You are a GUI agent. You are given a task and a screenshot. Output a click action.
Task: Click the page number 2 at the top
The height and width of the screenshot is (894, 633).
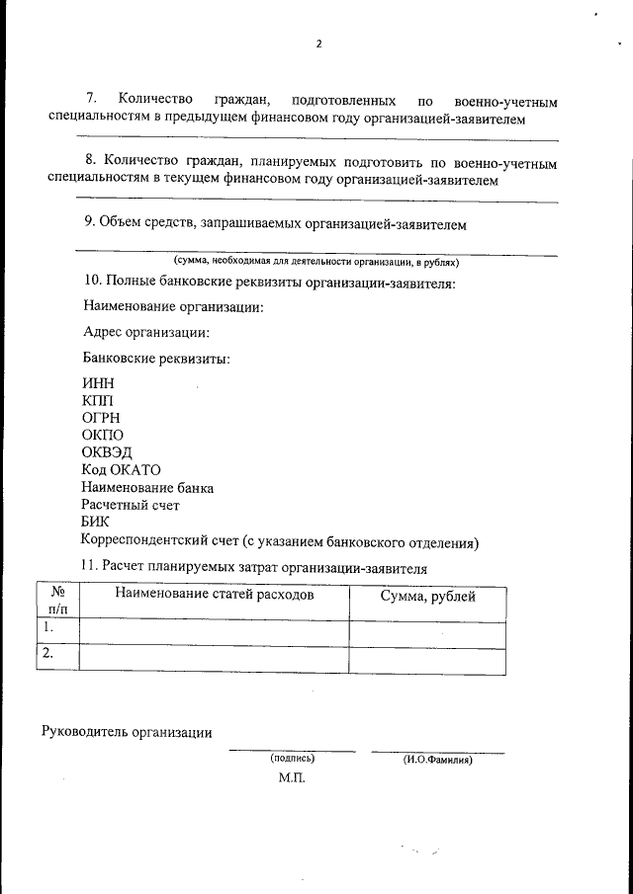(317, 44)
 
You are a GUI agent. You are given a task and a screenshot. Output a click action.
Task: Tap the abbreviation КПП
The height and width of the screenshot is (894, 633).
(98, 400)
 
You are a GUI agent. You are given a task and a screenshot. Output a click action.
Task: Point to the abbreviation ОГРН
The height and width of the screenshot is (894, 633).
(101, 418)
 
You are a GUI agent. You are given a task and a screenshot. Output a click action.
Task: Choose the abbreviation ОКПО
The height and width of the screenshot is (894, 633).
(103, 435)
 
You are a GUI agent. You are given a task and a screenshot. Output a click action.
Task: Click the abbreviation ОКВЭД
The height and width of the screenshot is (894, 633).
(106, 452)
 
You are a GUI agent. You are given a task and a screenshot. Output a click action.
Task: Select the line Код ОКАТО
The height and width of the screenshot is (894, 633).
(121, 470)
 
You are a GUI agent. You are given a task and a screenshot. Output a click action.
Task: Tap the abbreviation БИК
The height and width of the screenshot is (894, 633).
(96, 523)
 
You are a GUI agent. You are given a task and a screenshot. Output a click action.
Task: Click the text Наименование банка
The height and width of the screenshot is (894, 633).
(147, 488)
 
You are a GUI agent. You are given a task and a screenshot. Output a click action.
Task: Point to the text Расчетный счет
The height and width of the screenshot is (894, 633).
(131, 505)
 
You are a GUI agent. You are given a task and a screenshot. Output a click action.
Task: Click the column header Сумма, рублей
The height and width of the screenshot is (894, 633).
(427, 597)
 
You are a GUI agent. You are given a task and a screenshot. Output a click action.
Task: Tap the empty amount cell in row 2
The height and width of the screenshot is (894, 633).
(427, 659)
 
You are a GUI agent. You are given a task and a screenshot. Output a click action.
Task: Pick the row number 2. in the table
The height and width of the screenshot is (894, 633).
(46, 653)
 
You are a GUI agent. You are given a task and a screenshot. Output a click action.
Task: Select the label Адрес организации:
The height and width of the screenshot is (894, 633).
(146, 333)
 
